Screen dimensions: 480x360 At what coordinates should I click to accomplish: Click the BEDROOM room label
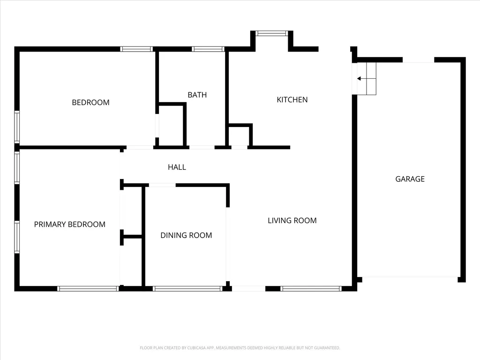(90, 102)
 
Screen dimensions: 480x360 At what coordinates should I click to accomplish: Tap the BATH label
(197, 95)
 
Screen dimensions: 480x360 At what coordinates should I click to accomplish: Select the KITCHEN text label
(292, 99)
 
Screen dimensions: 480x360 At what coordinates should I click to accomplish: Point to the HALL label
(177, 167)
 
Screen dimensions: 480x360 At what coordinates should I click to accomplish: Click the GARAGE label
(410, 179)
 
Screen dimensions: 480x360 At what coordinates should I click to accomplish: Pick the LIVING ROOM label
(292, 220)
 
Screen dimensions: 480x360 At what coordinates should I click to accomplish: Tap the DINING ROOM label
(186, 235)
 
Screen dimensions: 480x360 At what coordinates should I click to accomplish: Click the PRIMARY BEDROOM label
(69, 225)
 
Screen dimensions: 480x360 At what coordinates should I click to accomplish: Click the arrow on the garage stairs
(362, 79)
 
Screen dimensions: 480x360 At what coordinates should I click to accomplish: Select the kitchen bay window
(272, 33)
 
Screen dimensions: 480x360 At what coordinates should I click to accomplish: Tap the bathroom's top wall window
(208, 49)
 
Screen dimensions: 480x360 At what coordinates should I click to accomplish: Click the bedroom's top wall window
(136, 49)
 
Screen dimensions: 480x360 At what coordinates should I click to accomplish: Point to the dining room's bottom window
(187, 289)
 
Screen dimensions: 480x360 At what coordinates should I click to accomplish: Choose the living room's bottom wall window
(311, 289)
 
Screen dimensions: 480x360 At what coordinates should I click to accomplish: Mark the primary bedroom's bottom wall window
(88, 289)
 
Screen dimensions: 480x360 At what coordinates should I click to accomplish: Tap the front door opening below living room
(248, 289)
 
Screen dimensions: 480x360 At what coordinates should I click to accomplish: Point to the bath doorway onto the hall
(202, 148)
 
